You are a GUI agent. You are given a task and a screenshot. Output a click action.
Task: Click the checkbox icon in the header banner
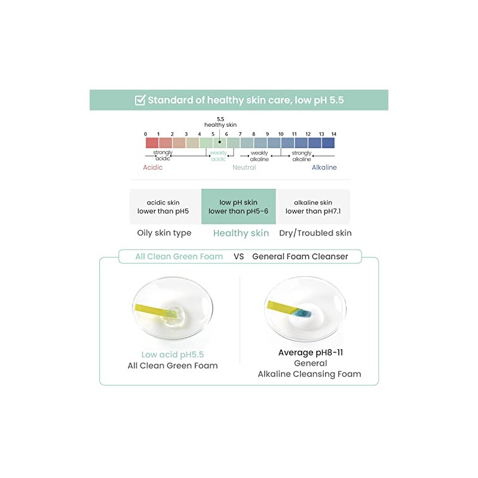tap(140, 100)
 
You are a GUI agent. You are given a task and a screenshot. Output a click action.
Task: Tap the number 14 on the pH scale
tap(333, 134)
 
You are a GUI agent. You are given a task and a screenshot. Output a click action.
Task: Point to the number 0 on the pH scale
tap(146, 134)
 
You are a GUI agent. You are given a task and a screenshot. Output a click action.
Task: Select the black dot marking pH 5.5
tap(220, 142)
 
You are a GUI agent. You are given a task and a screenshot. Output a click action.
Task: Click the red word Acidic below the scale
tap(153, 167)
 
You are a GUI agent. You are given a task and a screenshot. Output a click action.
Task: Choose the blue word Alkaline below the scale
tap(324, 167)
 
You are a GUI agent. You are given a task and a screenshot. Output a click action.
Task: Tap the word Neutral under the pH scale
tap(244, 167)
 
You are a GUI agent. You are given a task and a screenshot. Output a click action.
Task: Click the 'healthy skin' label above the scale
tap(220, 124)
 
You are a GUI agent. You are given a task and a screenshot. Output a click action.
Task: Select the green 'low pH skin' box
tap(238, 207)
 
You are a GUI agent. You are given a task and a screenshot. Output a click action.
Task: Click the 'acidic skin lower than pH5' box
tap(163, 207)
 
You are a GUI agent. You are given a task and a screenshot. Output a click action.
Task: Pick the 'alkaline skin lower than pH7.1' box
tap(313, 207)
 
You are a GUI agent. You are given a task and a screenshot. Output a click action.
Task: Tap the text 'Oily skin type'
tap(165, 233)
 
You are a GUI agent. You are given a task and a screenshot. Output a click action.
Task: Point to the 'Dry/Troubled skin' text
tap(315, 233)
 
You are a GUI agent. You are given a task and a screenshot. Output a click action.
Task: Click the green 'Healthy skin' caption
tap(241, 233)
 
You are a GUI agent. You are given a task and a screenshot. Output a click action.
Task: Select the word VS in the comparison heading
tap(238, 256)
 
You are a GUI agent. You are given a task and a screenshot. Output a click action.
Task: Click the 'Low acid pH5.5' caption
tap(173, 354)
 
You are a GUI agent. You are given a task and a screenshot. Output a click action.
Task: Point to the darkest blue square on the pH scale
tap(328, 143)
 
